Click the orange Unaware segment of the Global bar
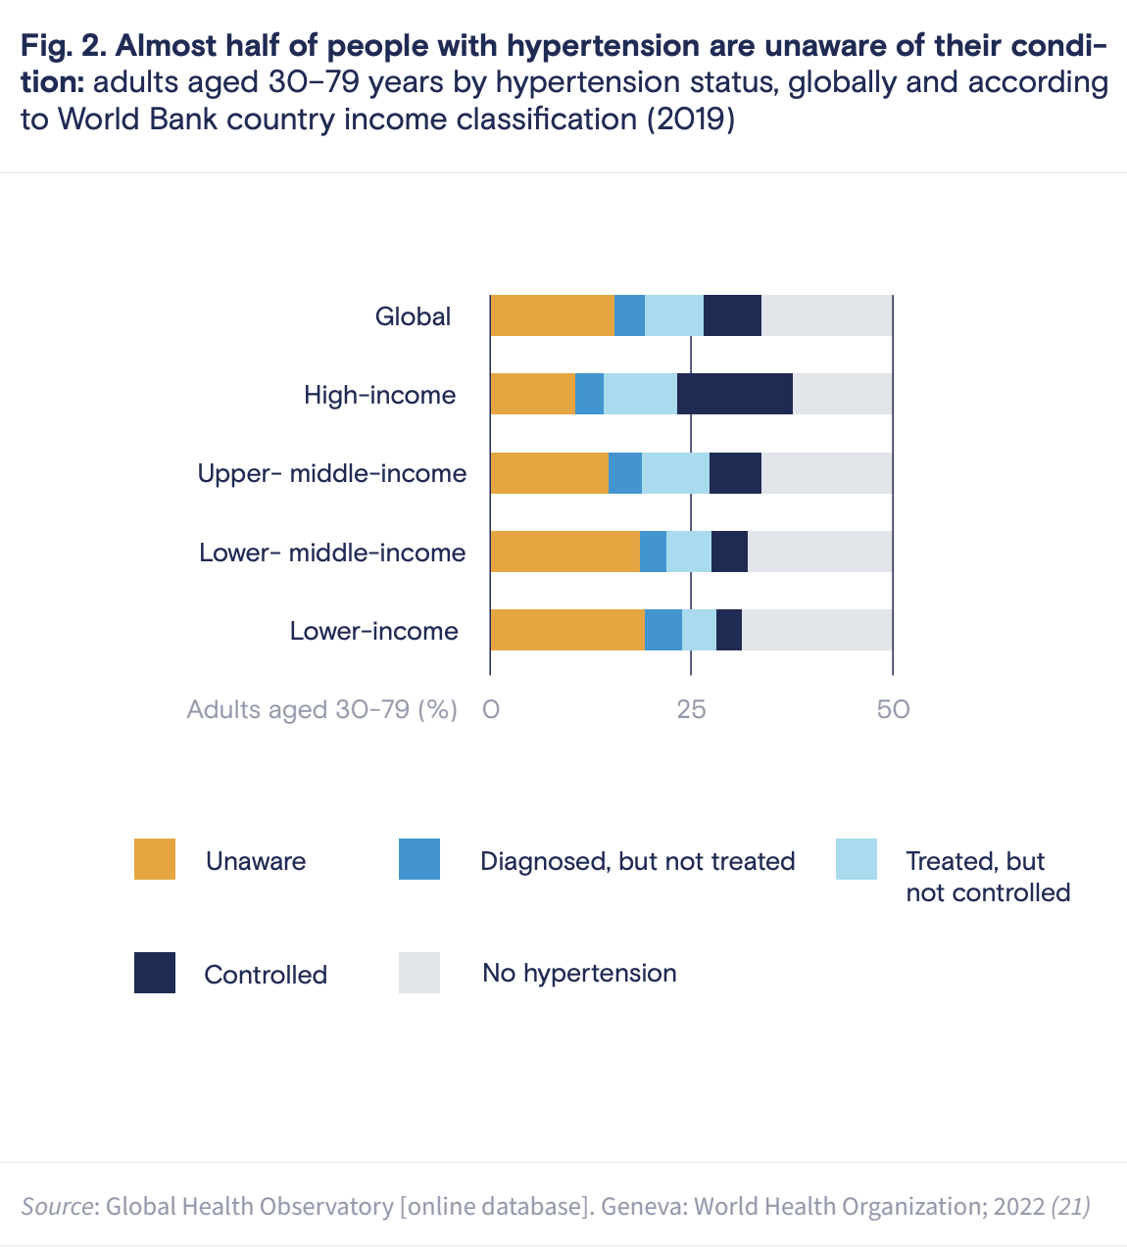tap(552, 315)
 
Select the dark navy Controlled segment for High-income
tap(734, 394)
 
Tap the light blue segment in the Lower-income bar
tap(699, 630)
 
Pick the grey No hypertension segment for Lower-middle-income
tap(819, 552)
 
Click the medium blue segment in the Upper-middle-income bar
tap(624, 473)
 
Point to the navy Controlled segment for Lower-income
tap(728, 630)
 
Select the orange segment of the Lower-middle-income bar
tap(564, 552)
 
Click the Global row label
tap(413, 316)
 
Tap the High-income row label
tap(379, 395)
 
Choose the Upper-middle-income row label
tap(331, 473)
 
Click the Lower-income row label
tap(373, 631)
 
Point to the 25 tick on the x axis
tap(691, 709)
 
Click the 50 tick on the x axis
tap(893, 709)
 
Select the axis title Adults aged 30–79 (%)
tap(321, 709)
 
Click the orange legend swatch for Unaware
tap(155, 859)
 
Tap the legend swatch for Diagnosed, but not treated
tap(419, 859)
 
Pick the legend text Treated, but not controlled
tap(987, 877)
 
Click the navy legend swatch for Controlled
tap(155, 973)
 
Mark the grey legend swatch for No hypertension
tap(419, 973)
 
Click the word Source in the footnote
tap(57, 1206)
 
